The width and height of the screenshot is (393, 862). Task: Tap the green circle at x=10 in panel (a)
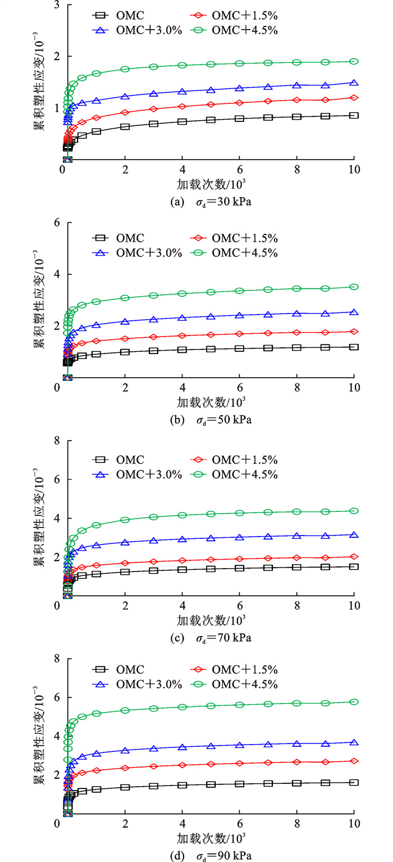tap(354, 61)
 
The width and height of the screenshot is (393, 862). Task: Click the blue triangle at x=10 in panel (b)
tap(354, 312)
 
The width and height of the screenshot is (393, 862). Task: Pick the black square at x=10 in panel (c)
tap(354, 566)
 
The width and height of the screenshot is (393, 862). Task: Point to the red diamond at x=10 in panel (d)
tap(354, 761)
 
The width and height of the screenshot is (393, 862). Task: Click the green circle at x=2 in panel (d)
tap(125, 710)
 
